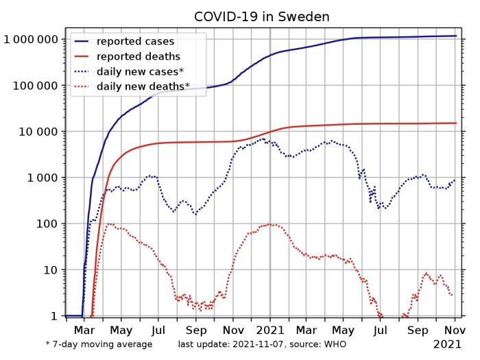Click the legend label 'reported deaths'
coord(138,56)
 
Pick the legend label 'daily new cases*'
coord(141,71)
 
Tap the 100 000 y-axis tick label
coord(37,86)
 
